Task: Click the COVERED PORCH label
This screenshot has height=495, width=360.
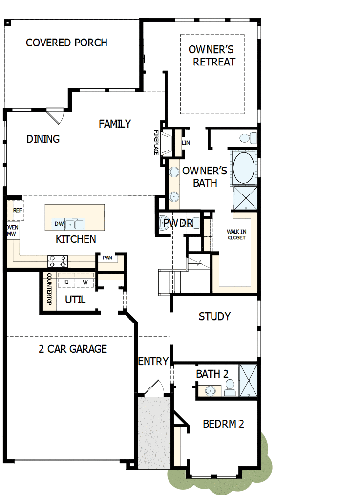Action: point(66,43)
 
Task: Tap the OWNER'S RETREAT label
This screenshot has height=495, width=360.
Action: point(212,56)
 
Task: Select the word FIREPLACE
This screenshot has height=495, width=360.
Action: point(157,143)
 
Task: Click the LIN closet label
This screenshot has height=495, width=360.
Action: point(186,143)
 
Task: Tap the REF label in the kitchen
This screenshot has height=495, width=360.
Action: point(18,211)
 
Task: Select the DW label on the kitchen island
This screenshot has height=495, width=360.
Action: point(59,224)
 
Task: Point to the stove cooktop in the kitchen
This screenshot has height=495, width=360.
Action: point(58,261)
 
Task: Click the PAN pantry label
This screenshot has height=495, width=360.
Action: point(107,258)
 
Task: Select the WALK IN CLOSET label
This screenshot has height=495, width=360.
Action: point(236,235)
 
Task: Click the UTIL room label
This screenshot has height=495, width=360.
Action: point(75,300)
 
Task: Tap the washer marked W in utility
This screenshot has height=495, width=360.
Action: point(85,282)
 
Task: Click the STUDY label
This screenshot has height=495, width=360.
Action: point(214,316)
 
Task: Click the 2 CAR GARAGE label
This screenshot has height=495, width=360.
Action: point(72,349)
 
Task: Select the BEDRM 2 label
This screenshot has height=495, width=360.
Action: point(223,424)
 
